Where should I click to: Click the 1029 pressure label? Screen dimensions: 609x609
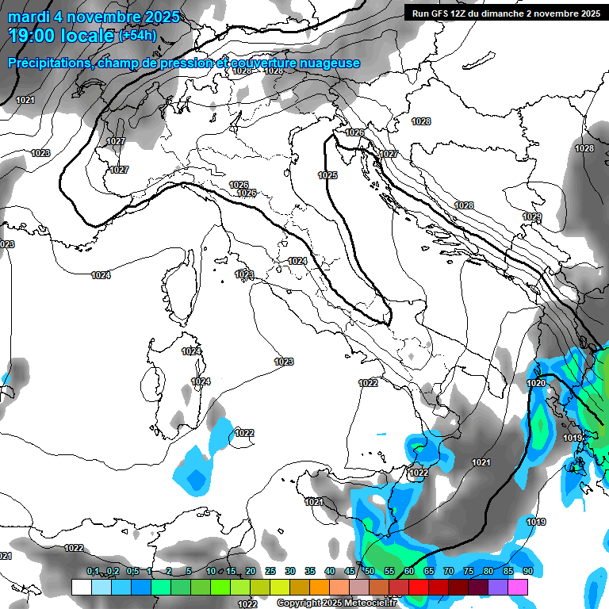[532, 216]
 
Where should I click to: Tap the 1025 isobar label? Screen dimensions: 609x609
[327, 175]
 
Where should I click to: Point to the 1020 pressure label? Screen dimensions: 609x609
[537, 383]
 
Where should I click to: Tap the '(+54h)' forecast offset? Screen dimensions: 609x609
[137, 36]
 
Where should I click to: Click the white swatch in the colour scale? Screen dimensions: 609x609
[81, 587]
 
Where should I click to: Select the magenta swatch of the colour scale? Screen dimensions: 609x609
[518, 587]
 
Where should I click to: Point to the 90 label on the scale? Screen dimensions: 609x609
[527, 572]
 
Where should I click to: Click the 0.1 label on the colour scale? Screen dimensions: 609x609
[93, 572]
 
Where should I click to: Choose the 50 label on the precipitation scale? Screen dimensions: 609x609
[370, 572]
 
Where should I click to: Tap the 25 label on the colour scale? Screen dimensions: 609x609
[270, 572]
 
